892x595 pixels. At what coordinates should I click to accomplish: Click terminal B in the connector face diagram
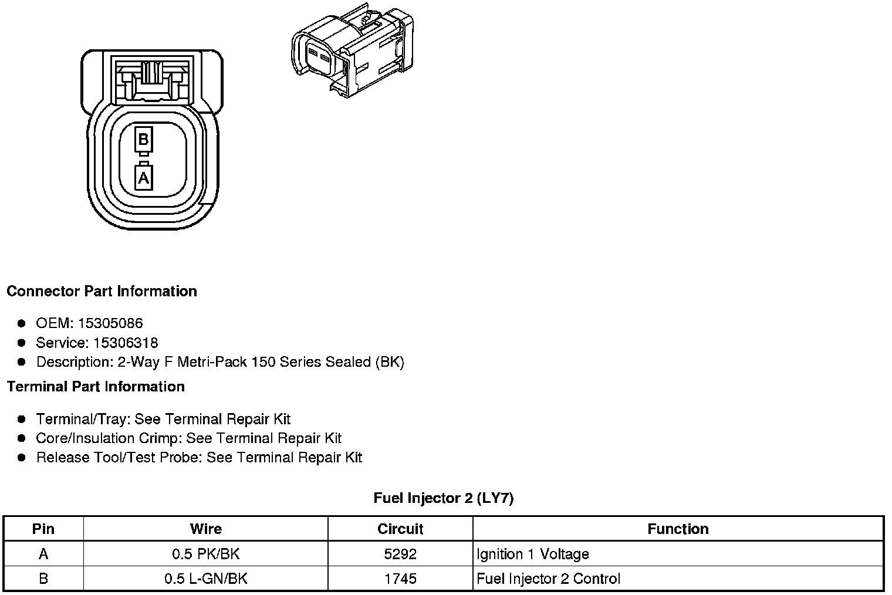143,140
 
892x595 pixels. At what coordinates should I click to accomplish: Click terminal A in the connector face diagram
144,177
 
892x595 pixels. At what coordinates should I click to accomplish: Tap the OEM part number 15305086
110,323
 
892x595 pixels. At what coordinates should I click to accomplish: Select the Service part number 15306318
126,343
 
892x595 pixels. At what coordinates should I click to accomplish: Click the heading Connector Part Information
102,291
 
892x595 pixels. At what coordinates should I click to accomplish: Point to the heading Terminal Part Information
96,387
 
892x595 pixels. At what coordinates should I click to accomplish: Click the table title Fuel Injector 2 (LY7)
444,498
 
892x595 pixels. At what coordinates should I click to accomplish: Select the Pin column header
43,529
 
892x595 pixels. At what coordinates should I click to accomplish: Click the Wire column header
206,529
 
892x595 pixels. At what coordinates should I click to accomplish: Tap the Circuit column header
400,529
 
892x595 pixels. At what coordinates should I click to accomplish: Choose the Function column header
678,529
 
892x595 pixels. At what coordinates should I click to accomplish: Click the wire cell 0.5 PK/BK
206,554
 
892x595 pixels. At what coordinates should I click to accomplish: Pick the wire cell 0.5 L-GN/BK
206,579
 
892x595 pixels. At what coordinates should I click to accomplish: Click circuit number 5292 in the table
400,554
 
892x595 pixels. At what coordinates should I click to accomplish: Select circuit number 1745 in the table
400,579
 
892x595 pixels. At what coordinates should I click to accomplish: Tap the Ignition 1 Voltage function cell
533,554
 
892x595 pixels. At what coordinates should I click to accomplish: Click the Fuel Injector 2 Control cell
548,579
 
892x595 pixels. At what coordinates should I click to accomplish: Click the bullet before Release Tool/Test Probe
22,458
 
